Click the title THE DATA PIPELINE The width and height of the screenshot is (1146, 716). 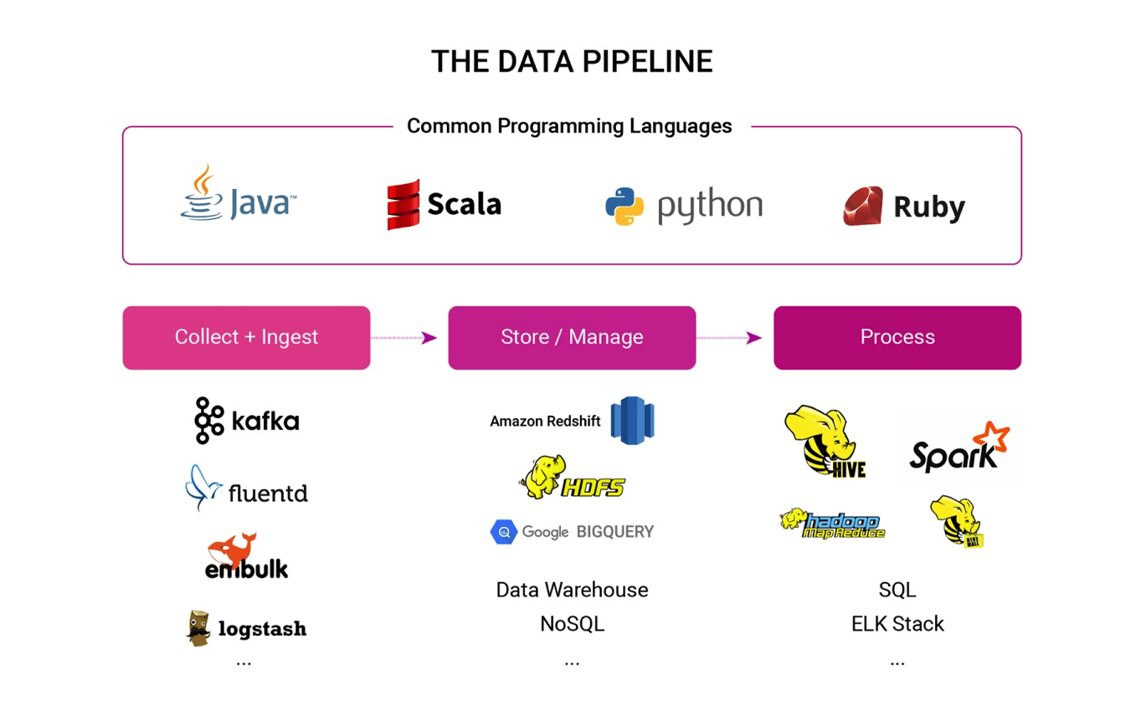click(x=572, y=62)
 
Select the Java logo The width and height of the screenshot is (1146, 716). click(x=238, y=196)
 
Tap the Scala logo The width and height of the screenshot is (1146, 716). click(x=444, y=203)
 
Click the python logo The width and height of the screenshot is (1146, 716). click(x=683, y=205)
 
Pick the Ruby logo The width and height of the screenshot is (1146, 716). click(x=904, y=206)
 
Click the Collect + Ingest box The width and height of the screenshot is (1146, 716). click(x=246, y=337)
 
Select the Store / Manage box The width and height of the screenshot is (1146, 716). click(x=572, y=337)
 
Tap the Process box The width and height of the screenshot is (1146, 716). click(x=897, y=337)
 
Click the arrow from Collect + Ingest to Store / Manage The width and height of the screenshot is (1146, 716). click(x=405, y=338)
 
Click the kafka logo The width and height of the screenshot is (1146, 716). click(x=246, y=421)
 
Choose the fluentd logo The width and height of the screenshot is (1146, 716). click(x=246, y=489)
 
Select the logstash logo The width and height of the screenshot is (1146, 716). click(x=246, y=628)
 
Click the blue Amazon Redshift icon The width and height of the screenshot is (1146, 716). click(x=632, y=421)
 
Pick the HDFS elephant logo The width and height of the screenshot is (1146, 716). click(x=572, y=478)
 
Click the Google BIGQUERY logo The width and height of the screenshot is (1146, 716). click(x=572, y=531)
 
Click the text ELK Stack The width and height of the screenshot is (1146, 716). click(x=897, y=624)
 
